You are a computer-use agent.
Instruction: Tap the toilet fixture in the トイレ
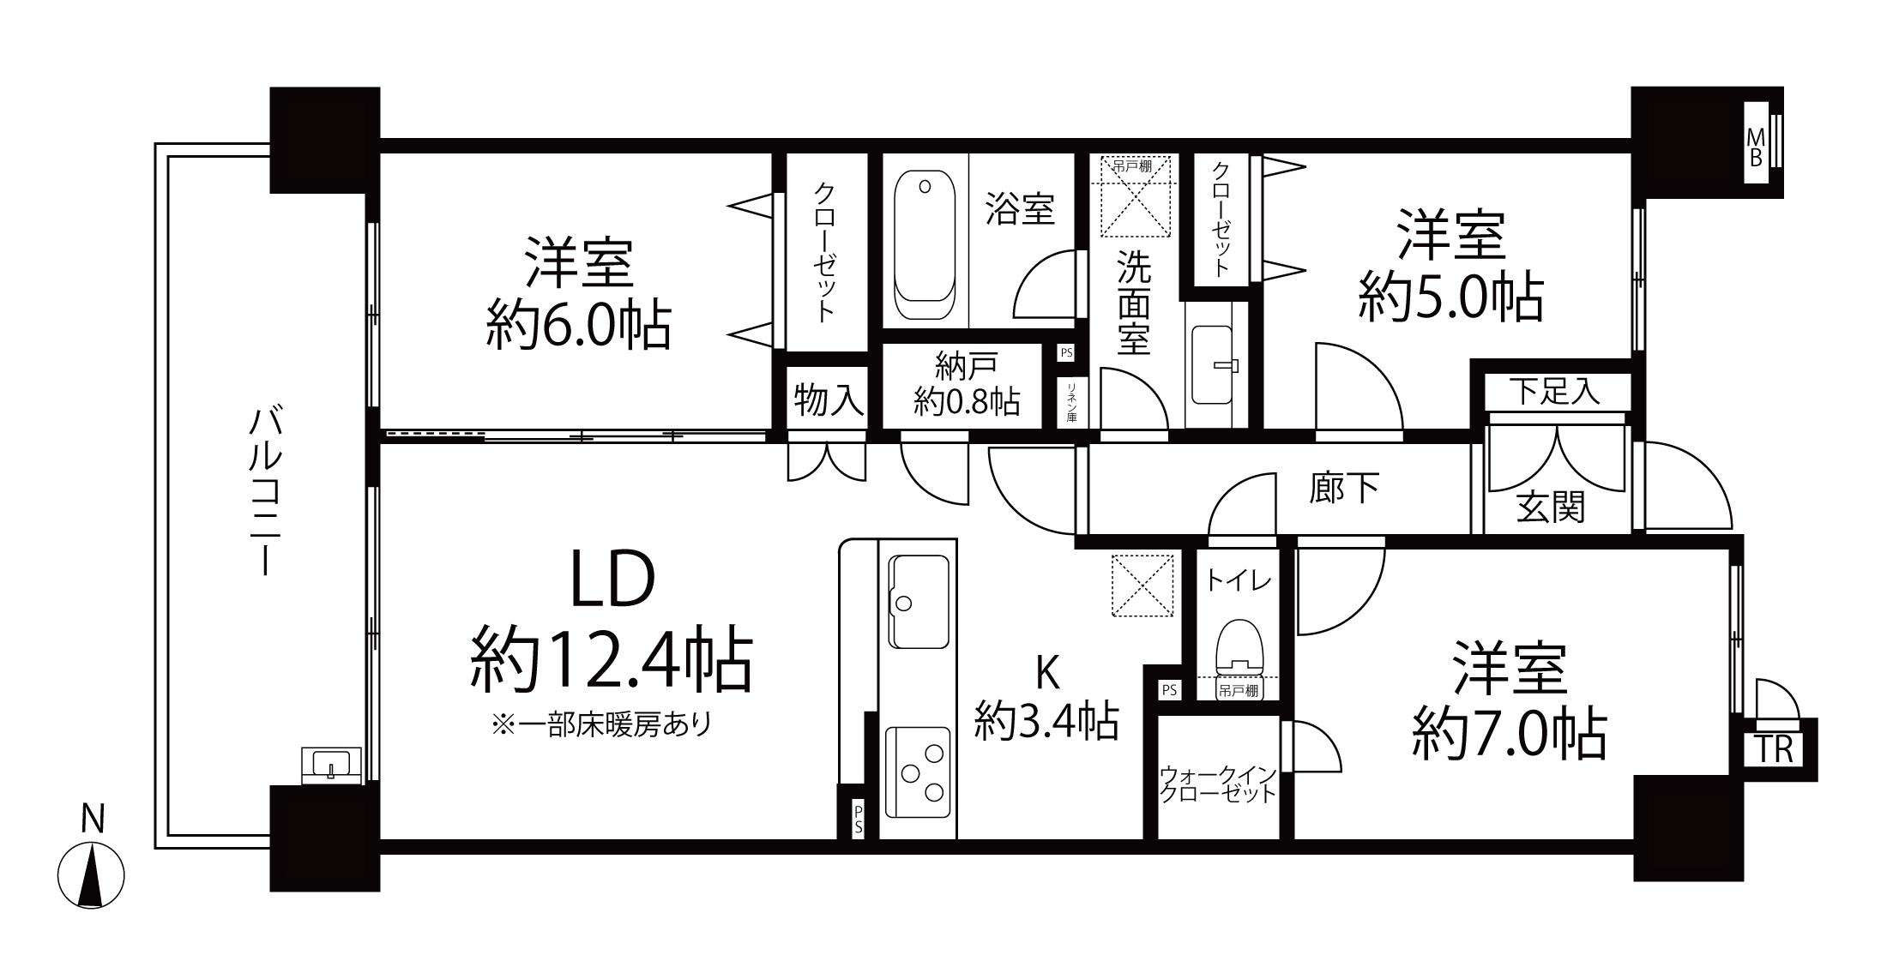[1239, 645]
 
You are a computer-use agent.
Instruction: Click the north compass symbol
[91, 875]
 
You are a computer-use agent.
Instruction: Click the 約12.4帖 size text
[611, 663]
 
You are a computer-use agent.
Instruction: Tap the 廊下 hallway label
[1344, 488]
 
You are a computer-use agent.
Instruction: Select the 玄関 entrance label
[1551, 508]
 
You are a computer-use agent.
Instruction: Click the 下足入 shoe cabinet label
[1555, 392]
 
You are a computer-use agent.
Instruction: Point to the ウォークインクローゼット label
[1218, 784]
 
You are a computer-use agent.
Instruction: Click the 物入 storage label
[828, 399]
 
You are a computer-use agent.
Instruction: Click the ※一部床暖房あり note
[601, 726]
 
